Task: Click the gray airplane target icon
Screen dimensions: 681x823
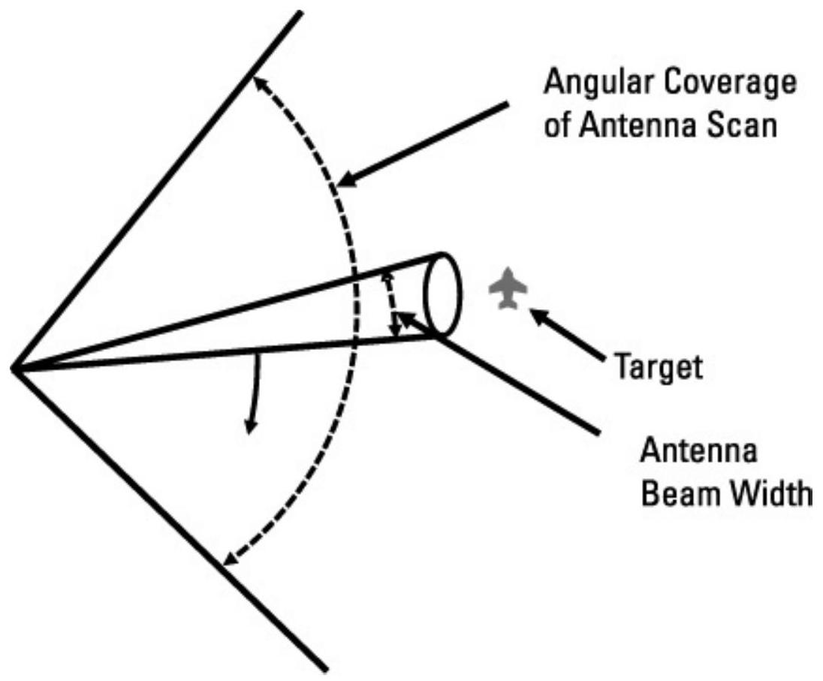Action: click(508, 288)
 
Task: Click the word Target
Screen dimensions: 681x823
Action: click(659, 367)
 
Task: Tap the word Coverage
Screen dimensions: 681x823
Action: click(732, 83)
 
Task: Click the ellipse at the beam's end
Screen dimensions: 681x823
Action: click(443, 294)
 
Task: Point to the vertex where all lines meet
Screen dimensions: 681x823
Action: click(14, 368)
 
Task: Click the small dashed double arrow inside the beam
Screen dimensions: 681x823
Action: click(391, 305)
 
